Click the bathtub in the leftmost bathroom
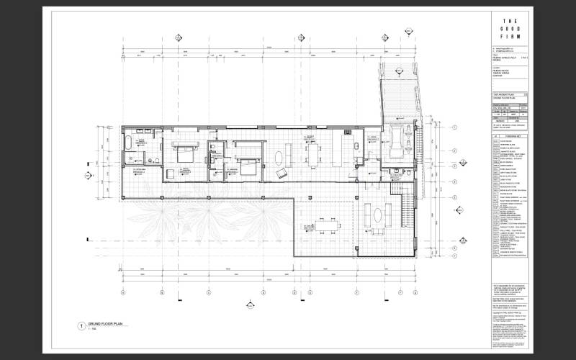point(130,142)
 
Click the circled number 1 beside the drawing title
point(81,325)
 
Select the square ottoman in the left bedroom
point(167,174)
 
